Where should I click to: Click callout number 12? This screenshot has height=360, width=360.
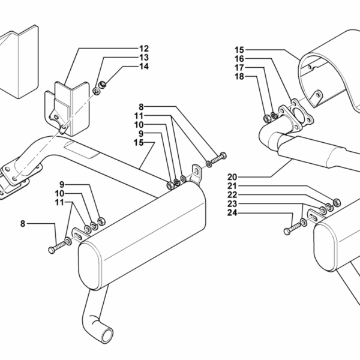(144, 47)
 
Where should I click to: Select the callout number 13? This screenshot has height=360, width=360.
(144, 57)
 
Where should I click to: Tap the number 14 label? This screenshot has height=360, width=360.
(144, 67)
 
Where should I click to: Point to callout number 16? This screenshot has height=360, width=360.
(239, 59)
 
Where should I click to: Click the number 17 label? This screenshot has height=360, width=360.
(239, 68)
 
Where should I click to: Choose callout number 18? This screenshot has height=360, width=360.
(239, 77)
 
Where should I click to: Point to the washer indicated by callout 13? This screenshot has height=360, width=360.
(97, 91)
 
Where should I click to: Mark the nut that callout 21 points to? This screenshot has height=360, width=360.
(336, 201)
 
